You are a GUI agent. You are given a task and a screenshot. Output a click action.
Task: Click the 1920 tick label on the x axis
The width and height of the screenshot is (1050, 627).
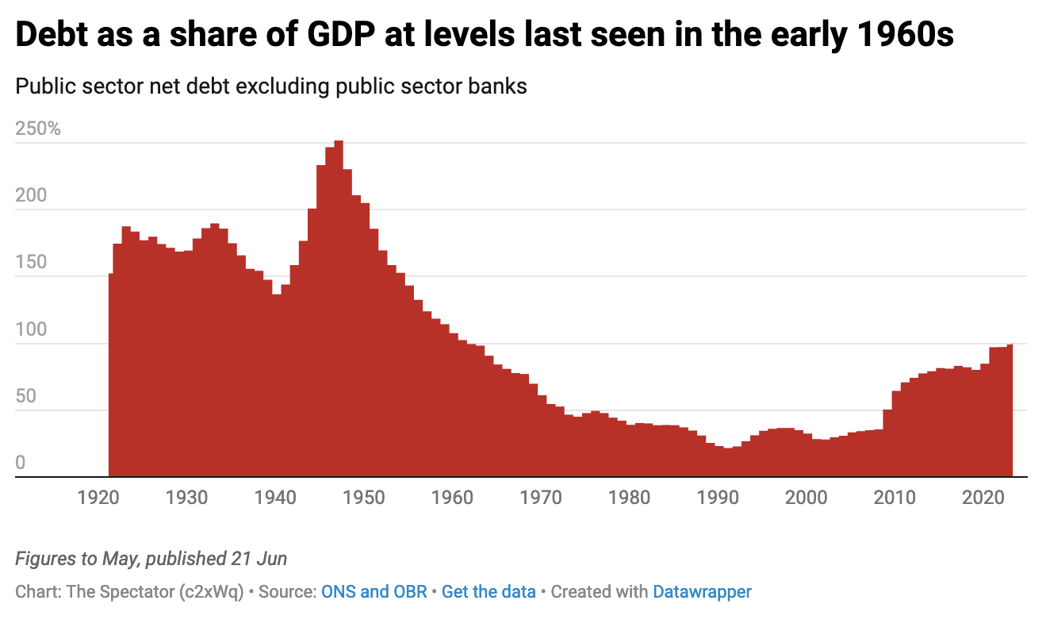(x=101, y=498)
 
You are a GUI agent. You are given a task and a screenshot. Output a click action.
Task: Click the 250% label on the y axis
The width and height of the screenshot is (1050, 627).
(x=38, y=129)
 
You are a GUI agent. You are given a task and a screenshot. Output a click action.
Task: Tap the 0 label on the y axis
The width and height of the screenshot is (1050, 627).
(x=21, y=463)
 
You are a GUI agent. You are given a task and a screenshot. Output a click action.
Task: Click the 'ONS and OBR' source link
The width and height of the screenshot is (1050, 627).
(x=374, y=591)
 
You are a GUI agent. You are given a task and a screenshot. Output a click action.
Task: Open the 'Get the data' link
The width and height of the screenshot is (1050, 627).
(x=489, y=591)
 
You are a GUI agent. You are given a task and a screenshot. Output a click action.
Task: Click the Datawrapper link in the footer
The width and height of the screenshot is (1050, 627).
(x=702, y=591)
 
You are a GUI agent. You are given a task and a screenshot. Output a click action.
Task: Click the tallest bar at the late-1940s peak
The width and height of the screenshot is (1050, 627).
(x=339, y=310)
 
